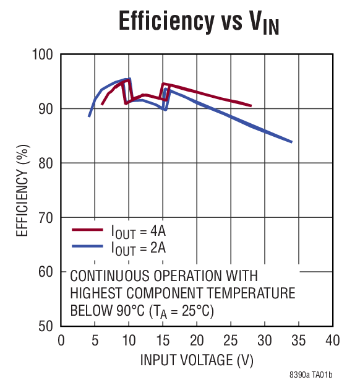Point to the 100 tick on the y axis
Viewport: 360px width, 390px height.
point(43,54)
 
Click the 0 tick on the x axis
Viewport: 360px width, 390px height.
point(61,340)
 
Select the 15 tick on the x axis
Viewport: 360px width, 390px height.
point(163,340)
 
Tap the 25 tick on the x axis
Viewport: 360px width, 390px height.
point(231,340)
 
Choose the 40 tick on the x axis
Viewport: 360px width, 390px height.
point(333,340)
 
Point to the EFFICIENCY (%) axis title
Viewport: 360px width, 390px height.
point(22,191)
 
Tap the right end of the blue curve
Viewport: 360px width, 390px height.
point(291,142)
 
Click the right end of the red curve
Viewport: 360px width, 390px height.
point(251,106)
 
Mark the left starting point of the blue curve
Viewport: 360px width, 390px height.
point(89,116)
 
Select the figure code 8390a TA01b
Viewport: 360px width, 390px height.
point(311,376)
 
